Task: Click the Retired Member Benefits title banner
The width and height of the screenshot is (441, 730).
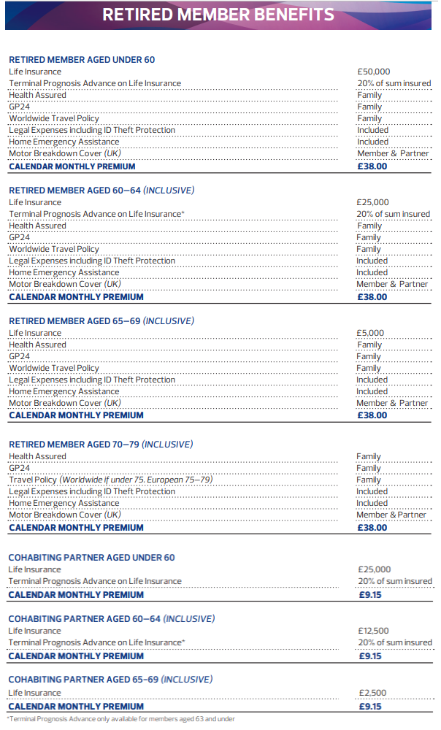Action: (218, 15)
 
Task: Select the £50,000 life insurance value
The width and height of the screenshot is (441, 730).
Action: (373, 72)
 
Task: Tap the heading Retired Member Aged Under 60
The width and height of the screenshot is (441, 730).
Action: (82, 60)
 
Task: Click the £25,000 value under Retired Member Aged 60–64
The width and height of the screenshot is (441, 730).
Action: (373, 202)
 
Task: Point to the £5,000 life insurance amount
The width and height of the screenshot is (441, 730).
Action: (370, 333)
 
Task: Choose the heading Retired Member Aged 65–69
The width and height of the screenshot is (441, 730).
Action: (101, 321)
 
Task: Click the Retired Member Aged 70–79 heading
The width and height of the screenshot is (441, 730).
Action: (101, 445)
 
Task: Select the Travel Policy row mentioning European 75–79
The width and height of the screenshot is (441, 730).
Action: (110, 480)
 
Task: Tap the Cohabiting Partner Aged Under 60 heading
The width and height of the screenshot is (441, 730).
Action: (91, 558)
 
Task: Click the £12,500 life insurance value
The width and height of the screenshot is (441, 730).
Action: (373, 631)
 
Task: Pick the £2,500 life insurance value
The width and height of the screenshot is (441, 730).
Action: (372, 693)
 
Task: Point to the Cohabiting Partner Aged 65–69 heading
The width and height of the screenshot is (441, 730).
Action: (110, 680)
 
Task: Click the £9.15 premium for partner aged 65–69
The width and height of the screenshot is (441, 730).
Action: (370, 707)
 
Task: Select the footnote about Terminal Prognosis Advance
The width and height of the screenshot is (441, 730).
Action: (120, 719)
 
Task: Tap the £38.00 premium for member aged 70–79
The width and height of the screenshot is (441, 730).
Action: (372, 527)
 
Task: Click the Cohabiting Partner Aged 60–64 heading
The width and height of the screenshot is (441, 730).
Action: (111, 619)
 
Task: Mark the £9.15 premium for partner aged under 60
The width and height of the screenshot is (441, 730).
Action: (370, 594)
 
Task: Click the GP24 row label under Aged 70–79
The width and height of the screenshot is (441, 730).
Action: (19, 468)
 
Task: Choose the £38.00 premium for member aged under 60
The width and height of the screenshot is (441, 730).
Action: (372, 166)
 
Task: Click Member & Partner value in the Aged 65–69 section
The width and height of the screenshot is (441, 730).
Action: (392, 403)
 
